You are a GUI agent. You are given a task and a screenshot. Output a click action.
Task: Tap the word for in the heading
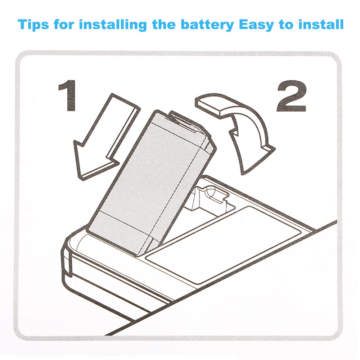click(66, 25)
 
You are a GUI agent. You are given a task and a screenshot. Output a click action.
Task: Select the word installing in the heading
click(113, 25)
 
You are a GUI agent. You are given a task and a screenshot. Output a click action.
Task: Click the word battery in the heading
click(206, 25)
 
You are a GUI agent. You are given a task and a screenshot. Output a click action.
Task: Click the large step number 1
click(68, 95)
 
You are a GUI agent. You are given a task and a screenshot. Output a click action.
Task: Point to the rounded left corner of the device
click(68, 248)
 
